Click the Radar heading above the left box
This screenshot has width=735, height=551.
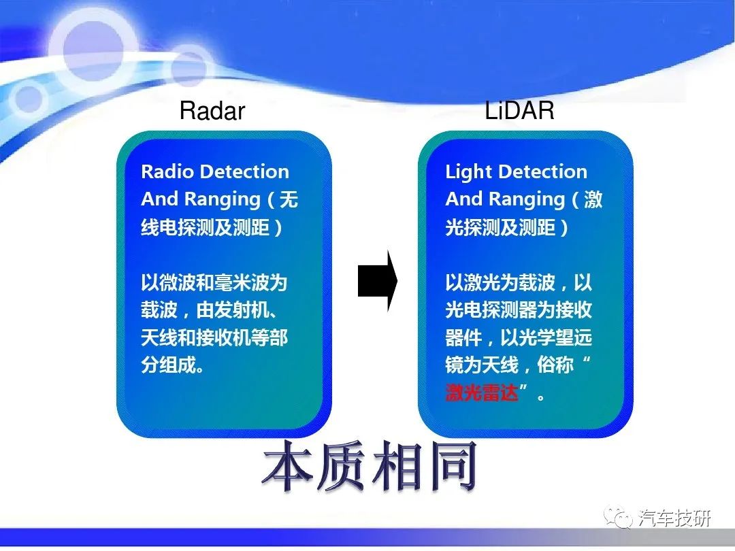tap(212, 111)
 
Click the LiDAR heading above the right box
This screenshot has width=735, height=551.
tap(519, 110)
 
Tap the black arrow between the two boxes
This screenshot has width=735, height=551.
tap(377, 281)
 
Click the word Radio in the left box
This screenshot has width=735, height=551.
tap(167, 171)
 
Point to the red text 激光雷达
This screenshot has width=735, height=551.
tap(482, 393)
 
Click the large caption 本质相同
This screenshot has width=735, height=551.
tap(370, 466)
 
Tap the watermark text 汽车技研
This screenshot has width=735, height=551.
tap(674, 518)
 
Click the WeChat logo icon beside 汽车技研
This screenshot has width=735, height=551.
tap(618, 517)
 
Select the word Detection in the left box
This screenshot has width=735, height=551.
tap(244, 171)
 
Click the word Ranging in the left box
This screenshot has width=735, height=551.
tap(222, 199)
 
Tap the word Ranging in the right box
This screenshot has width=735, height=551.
tap(527, 199)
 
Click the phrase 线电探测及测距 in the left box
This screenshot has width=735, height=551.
tap(206, 228)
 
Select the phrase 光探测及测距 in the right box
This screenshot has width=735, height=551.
tap(501, 228)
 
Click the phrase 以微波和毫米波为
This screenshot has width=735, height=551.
tap(214, 282)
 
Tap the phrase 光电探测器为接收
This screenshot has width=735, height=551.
tap(519, 310)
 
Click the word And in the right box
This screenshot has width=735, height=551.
tap(464, 199)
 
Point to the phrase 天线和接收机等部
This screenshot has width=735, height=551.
tap(214, 337)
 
